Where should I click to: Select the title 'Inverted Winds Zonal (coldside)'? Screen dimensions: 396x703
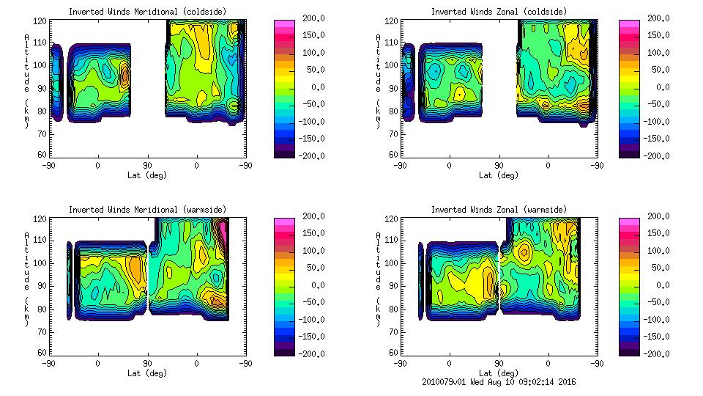[499, 11]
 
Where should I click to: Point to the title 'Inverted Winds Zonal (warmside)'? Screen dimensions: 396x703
[499, 209]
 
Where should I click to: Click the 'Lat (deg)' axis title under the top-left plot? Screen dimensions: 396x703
[147, 175]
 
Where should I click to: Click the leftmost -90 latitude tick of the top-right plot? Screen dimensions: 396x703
[399, 165]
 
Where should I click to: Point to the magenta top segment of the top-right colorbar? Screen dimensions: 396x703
[629, 23]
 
